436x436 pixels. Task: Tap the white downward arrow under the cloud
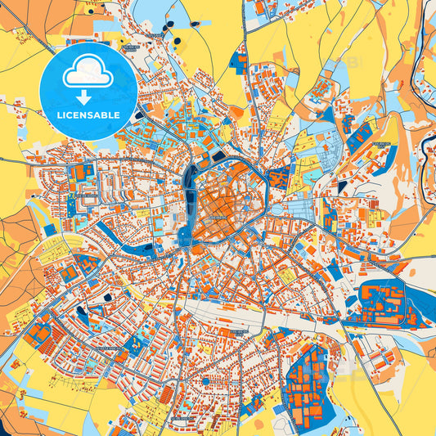coord(88,97)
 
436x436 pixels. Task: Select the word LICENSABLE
coord(88,115)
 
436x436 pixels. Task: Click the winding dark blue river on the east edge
coord(425,147)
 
